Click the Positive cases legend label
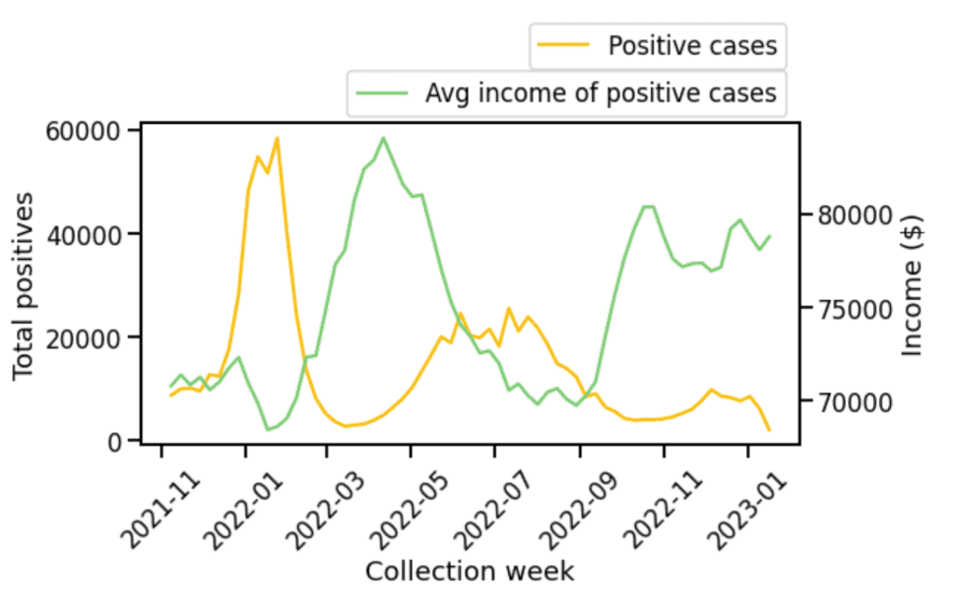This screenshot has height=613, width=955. coord(692,46)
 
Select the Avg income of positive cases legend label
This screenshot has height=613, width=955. coord(601,93)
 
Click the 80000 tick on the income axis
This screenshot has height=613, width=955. coord(850,215)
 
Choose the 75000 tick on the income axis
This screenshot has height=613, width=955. coord(850,308)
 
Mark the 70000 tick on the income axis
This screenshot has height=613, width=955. coord(850,401)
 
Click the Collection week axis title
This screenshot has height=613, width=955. coord(470,572)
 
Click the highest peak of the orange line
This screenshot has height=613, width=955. coord(278,138)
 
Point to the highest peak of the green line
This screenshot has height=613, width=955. coord(383,138)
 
